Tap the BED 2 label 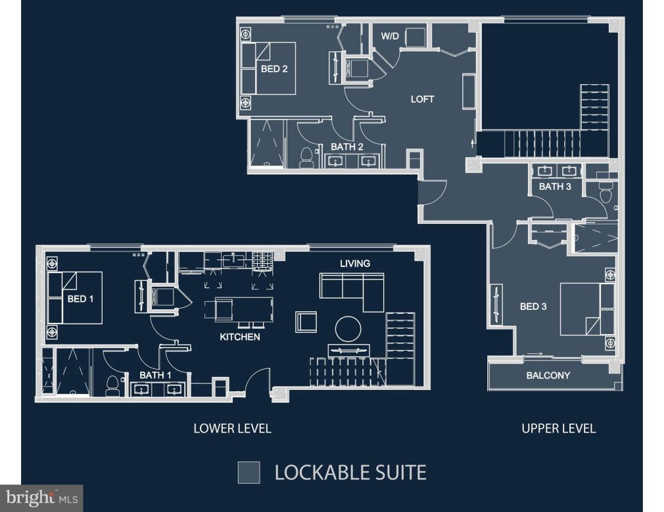point(274,68)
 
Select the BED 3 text point(533,306)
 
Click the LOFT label point(423,99)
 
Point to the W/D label point(390,35)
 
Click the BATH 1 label point(155,375)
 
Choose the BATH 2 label point(347,146)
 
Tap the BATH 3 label point(556,186)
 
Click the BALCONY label point(548,375)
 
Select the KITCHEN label point(240,337)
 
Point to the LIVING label point(355,263)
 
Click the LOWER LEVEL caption point(232,429)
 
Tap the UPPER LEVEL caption point(558,429)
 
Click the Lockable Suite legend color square point(249,472)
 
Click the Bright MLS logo point(41,498)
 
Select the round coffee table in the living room point(347,328)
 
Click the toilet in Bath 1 point(112,386)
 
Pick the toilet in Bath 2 point(306,158)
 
